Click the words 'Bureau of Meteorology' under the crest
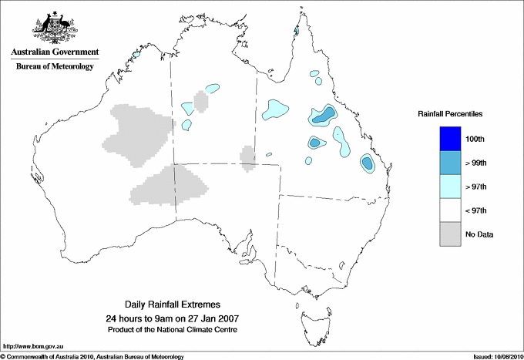click(55, 67)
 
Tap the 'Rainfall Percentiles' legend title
click(450, 113)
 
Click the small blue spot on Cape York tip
click(297, 32)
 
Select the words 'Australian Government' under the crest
click(55, 52)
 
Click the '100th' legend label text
click(486, 139)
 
